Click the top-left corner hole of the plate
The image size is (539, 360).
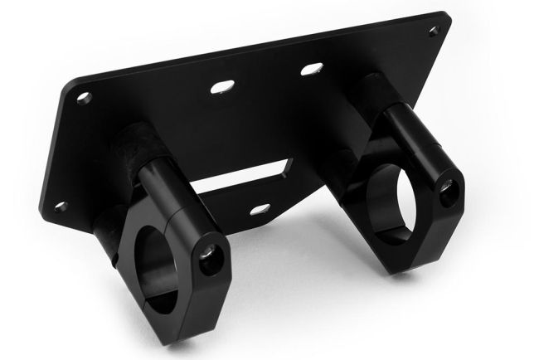(84, 98)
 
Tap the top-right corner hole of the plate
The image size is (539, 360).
(433, 32)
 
